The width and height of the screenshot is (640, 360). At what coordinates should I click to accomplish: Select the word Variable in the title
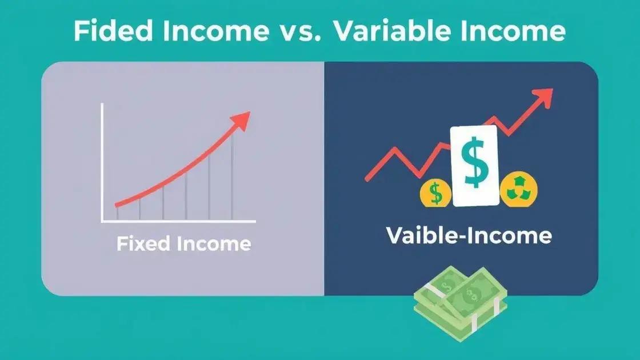392,31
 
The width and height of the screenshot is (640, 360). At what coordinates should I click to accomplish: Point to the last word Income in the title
513,31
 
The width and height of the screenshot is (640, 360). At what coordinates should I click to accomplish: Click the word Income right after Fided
216,31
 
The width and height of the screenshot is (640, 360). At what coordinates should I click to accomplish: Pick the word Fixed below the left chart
143,243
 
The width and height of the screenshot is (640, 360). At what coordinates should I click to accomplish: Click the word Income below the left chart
214,243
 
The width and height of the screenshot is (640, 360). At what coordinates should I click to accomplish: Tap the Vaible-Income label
469,235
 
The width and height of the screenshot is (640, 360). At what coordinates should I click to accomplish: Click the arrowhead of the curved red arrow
241,121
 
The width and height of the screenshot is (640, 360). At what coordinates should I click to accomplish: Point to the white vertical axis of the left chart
102,162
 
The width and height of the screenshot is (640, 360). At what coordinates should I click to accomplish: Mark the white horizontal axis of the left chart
178,221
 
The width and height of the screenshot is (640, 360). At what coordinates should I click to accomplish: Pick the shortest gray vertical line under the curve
117,213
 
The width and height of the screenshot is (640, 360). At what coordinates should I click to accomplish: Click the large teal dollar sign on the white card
474,162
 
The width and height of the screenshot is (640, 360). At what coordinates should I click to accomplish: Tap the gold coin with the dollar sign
435,194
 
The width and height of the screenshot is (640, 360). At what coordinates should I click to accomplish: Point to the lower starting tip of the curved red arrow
117,205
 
